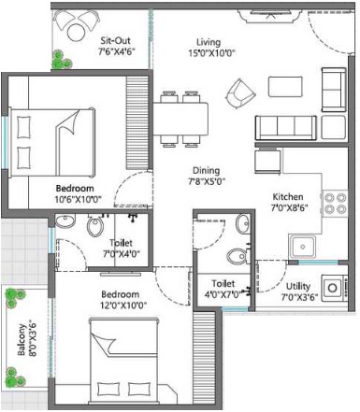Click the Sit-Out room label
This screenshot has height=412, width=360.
pos(115,41)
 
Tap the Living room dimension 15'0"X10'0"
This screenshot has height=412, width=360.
pos(211,53)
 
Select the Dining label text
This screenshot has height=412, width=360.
pos(206,171)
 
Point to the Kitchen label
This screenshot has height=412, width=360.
pos(288,197)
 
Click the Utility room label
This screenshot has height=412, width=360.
pos(298,287)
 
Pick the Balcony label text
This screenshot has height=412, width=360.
pos(22,340)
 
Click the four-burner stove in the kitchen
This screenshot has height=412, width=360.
pos(335,203)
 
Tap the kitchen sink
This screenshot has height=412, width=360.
pos(302,247)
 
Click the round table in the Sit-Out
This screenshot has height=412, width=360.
pos(76,33)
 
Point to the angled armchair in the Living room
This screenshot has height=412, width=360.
pos(241,93)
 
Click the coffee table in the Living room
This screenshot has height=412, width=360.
pos(285,87)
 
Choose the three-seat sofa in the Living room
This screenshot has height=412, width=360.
pos(286,128)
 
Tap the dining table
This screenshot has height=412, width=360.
pos(180,119)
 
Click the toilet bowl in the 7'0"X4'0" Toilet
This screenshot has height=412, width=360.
pos(95,225)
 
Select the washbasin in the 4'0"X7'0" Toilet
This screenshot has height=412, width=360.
pos(242,224)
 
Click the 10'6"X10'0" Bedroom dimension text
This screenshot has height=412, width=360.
pos(79,199)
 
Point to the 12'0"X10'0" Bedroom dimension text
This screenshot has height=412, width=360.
pos(123,305)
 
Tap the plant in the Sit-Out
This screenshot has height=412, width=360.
pos(62,60)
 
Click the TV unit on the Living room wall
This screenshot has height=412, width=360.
pos(270,15)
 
